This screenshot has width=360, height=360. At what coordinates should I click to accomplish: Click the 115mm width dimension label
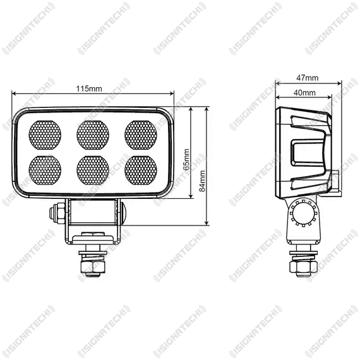89,88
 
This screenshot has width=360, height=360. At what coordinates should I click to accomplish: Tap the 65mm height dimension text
187,160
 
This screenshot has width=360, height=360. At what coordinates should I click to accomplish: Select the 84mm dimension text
202,181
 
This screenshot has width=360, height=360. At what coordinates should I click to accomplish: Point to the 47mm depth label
307,78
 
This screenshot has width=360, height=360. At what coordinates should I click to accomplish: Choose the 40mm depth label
304,93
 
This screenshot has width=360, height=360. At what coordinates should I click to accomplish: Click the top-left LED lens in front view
45,135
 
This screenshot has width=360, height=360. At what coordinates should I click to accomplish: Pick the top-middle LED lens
93,135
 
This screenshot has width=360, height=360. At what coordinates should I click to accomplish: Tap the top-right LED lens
141,135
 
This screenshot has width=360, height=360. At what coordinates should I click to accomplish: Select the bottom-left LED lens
45,171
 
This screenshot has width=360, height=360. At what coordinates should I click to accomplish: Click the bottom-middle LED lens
93,171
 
